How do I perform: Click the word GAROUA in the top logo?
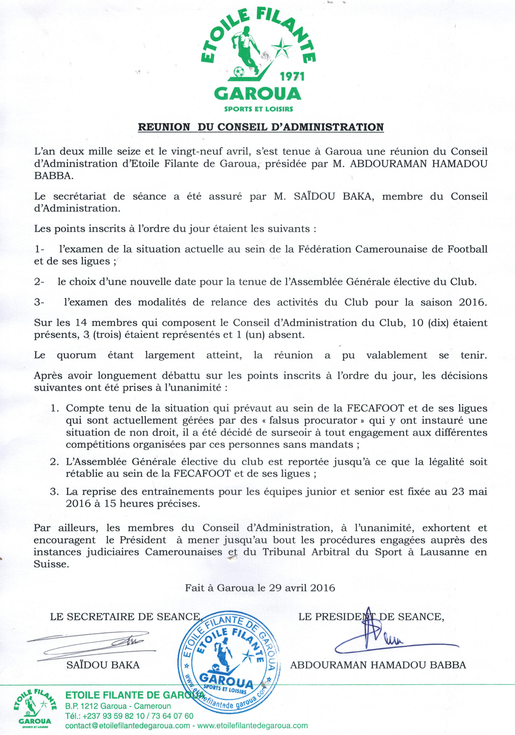coord(258,94)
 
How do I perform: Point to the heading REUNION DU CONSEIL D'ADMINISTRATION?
coord(261,127)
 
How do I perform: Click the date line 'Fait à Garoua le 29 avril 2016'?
coord(260,588)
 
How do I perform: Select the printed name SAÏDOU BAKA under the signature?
coord(103,665)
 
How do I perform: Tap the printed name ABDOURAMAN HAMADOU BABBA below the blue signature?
coord(378,665)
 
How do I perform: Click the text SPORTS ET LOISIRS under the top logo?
coord(259,109)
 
